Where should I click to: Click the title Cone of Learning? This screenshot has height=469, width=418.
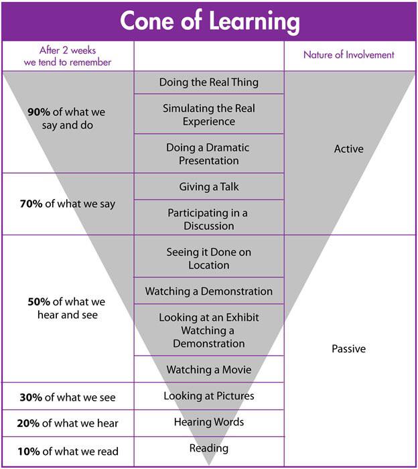210,21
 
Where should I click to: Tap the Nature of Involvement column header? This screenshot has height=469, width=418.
348,55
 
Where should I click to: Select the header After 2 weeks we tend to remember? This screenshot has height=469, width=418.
68,56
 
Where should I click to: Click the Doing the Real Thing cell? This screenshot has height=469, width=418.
209,82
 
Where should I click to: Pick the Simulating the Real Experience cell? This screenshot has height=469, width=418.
209,115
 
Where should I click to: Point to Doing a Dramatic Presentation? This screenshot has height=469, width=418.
209,153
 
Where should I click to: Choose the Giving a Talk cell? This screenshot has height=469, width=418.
209,187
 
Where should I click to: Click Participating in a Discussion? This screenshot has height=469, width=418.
209,219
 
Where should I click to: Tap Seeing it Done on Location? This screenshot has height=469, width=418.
209,259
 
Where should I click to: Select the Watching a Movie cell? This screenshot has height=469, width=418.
209,370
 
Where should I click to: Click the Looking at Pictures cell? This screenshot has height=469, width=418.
209,396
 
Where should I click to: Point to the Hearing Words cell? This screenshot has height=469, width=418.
209,422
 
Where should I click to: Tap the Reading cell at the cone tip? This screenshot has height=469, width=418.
209,448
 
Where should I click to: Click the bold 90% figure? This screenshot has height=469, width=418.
39,112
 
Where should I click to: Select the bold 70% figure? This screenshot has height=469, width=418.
31,204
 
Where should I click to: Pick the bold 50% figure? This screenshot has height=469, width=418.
39,301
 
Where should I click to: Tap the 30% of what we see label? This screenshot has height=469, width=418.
68,397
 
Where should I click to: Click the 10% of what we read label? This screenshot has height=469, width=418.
68,451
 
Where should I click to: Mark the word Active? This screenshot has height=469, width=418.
348,149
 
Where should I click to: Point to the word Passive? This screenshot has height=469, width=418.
348,349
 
